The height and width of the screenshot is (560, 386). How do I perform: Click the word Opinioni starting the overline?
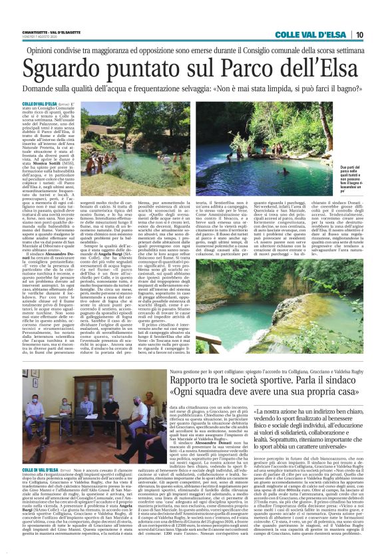63,49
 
